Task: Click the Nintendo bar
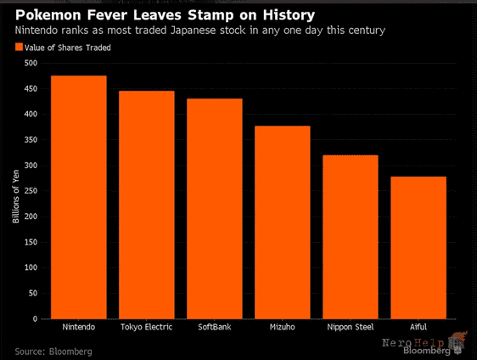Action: [x=78, y=197]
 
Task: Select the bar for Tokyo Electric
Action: [x=147, y=205]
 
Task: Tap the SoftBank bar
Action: [x=215, y=209]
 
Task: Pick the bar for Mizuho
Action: [x=283, y=222]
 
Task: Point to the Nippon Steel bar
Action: [x=351, y=237]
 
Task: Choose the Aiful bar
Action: [x=418, y=248]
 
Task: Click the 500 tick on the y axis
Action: [x=31, y=63]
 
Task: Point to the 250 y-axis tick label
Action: [x=31, y=191]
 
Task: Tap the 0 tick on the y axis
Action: [x=35, y=318]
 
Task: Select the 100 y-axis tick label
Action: [x=31, y=267]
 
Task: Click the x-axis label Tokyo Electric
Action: [x=146, y=327]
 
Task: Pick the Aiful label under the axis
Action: [x=418, y=327]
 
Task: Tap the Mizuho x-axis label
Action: [x=283, y=327]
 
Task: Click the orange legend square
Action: [x=19, y=47]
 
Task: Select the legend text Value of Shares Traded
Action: [x=68, y=48]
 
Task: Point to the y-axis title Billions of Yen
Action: [x=16, y=196]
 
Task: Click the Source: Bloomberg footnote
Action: [x=53, y=352]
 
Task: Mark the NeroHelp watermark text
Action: [x=413, y=343]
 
